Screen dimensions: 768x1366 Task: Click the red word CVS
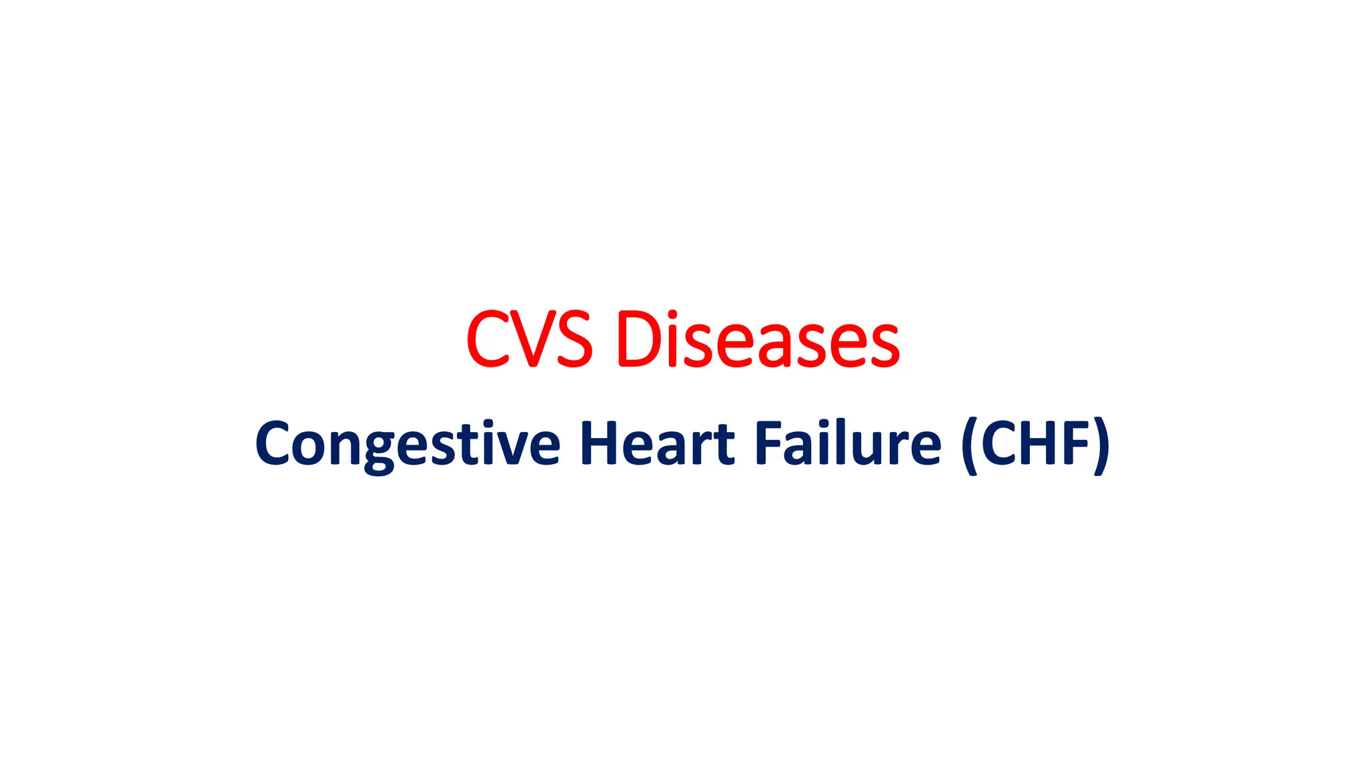pos(529,339)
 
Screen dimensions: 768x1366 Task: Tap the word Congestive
pos(408,444)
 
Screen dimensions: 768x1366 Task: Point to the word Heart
pos(657,443)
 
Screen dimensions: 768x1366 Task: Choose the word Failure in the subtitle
pos(847,443)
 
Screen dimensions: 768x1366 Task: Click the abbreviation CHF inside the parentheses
pos(1035,443)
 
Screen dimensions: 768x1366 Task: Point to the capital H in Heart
pos(600,443)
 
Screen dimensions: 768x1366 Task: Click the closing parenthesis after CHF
pos(1102,445)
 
